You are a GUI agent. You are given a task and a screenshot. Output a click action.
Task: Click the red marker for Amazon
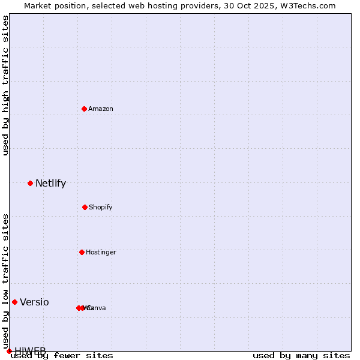[x=84, y=109]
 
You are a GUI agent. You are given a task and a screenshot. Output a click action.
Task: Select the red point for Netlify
[x=30, y=183]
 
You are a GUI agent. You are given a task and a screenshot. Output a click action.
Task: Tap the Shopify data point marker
[x=85, y=207]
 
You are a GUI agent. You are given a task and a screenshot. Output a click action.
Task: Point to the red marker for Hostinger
[x=82, y=252]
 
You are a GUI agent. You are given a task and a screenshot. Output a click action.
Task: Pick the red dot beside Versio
[x=14, y=302]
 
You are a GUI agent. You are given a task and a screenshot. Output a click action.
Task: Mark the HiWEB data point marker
[x=9, y=351]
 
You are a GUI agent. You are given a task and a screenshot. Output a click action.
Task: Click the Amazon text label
[x=101, y=109]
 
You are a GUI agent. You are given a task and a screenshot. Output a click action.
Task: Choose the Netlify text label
[x=50, y=184]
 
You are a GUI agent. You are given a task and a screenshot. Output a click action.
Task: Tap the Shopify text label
[x=101, y=207]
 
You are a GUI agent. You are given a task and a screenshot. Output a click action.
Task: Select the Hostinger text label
[x=101, y=252]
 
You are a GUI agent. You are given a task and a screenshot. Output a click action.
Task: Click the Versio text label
[x=34, y=302]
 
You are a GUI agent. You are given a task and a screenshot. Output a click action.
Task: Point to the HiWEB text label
[x=30, y=351]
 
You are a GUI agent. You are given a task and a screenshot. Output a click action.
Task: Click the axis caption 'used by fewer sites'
[x=62, y=355]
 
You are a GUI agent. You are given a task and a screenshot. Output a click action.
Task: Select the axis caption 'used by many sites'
[x=301, y=355]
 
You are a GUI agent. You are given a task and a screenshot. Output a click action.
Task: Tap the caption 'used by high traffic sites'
[x=5, y=85]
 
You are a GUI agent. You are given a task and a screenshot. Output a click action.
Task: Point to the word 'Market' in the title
[x=39, y=5]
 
